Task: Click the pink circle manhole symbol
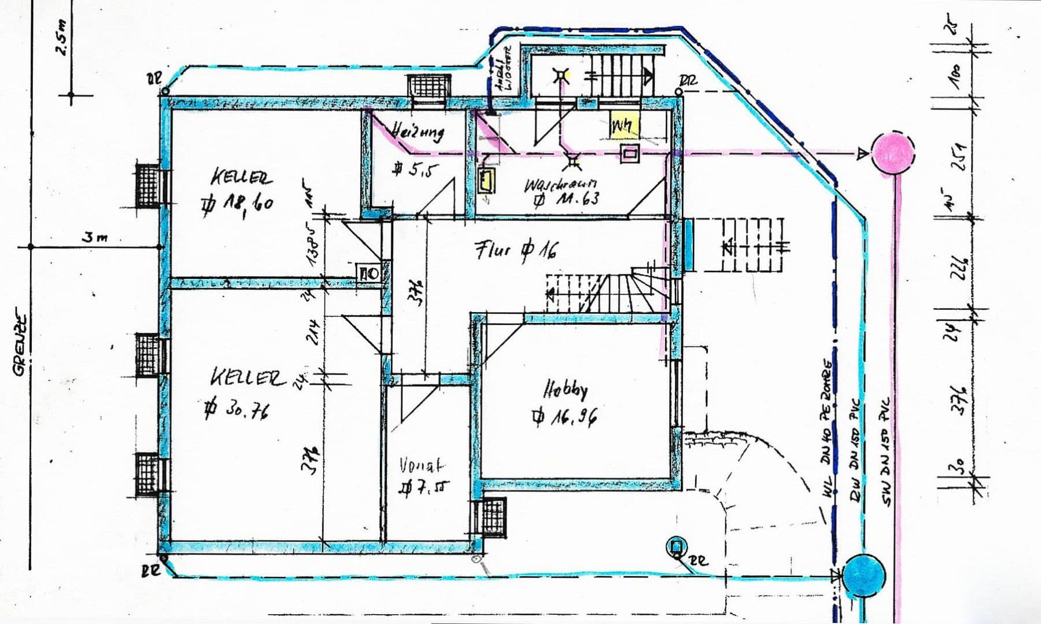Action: [x=894, y=153]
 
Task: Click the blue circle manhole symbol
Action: [x=864, y=575]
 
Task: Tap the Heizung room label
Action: [x=418, y=132]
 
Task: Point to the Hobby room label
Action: [x=565, y=390]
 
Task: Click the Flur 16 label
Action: [x=516, y=250]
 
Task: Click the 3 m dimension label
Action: [x=94, y=237]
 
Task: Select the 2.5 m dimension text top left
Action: [x=62, y=39]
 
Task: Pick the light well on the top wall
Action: [x=428, y=90]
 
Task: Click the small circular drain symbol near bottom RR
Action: [x=675, y=546]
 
